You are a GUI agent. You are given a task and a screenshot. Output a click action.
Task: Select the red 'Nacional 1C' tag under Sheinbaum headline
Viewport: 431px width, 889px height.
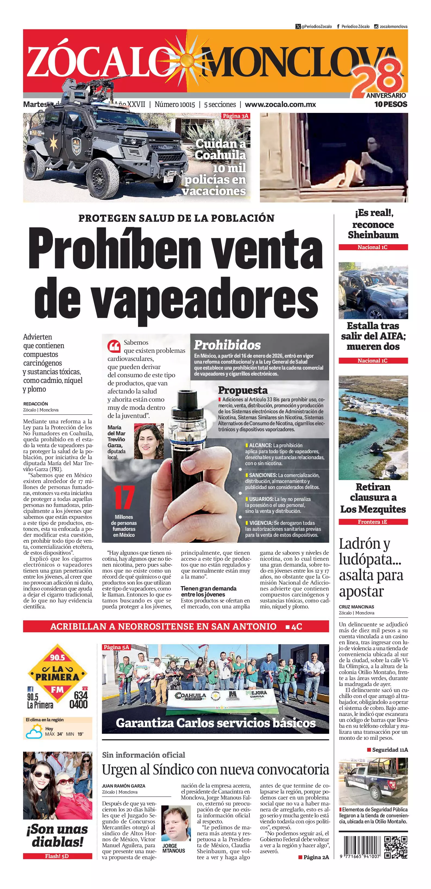coord(373,247)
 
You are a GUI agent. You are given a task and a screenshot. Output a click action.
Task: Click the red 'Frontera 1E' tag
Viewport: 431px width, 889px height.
coord(373,522)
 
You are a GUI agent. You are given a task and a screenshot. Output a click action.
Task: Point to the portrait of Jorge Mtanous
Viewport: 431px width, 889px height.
coord(176,824)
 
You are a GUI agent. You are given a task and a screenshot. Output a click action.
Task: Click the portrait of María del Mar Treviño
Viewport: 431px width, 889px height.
coord(149,442)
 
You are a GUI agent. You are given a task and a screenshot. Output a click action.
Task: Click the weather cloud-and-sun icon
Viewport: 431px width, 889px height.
coord(34,732)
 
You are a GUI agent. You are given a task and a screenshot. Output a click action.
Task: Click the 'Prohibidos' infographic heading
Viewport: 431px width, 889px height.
coord(227,345)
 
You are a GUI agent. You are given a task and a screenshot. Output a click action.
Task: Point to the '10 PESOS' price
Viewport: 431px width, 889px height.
coord(391,104)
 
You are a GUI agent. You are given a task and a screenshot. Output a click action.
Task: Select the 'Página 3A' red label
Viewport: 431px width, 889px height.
coord(235,116)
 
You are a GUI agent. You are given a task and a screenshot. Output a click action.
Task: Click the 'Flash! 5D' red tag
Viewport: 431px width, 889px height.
coord(57,856)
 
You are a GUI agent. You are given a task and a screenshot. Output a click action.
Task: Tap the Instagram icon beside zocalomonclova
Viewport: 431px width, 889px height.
coord(376,26)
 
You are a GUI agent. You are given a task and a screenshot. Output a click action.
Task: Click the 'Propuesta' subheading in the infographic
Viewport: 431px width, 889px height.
coord(243,390)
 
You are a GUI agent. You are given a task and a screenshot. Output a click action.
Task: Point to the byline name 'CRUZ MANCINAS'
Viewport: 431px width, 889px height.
coord(356,607)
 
